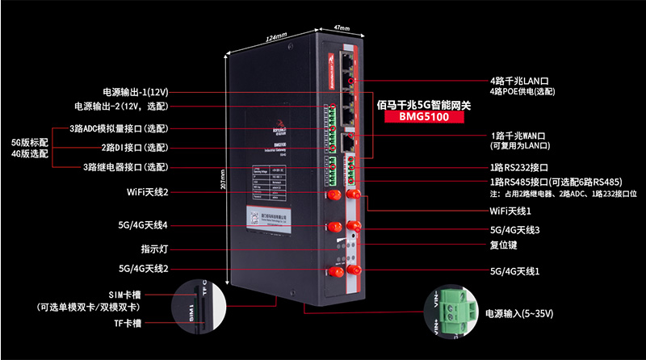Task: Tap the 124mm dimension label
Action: point(277,38)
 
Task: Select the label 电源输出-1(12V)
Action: point(135,91)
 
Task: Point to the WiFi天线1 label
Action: point(510,210)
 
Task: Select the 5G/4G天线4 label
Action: point(143,224)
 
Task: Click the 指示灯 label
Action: point(154,249)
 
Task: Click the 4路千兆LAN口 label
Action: point(519,82)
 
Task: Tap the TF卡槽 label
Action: point(126,323)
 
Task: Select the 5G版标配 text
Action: point(29,141)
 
